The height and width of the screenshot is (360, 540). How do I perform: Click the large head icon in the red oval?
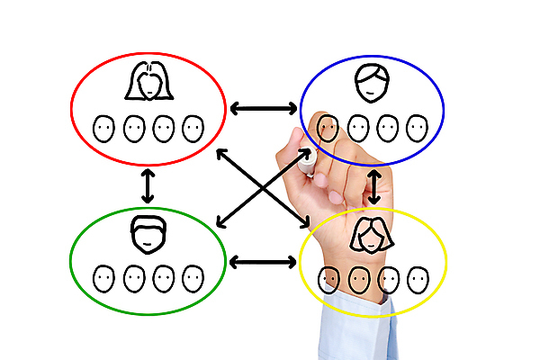tap(148, 82)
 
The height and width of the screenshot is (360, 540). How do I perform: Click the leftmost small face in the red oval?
tap(104, 129)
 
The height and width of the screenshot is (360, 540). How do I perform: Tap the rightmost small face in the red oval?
tap(193, 129)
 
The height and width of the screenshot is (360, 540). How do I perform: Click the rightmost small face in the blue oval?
tap(415, 128)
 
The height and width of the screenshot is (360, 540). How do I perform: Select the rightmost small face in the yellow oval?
tap(416, 278)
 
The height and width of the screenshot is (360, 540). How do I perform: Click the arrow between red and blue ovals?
tap(263, 109)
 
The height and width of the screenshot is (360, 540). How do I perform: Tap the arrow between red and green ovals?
tap(148, 186)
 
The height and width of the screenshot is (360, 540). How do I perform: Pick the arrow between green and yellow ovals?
tap(263, 262)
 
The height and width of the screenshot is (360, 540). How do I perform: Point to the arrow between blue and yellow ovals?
tap(374, 187)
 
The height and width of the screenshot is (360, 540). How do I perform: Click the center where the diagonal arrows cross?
tap(264, 187)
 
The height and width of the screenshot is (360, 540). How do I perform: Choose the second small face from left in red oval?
tap(134, 129)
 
